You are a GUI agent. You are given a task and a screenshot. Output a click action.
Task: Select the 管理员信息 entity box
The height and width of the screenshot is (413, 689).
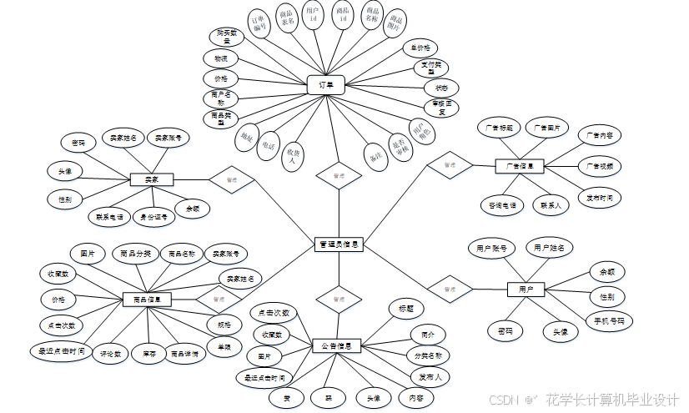(339, 244)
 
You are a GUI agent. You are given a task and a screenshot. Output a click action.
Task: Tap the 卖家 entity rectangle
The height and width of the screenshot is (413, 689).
(151, 179)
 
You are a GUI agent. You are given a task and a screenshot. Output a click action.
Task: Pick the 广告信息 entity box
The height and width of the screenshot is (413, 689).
(519, 166)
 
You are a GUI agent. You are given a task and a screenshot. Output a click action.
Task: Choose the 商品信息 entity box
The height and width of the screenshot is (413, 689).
(148, 299)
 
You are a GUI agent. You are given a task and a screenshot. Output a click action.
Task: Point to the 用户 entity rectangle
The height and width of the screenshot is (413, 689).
(526, 289)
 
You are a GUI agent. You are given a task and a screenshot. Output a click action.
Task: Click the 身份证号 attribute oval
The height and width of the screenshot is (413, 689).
(154, 217)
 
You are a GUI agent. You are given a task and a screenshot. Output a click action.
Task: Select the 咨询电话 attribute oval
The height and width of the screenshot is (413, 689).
(501, 204)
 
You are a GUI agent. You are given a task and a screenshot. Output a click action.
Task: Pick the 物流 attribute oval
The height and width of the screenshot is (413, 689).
(220, 59)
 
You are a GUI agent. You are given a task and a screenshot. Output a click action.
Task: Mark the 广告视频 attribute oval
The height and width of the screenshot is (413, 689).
(599, 167)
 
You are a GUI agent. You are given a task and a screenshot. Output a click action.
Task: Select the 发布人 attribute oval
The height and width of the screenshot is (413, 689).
(430, 377)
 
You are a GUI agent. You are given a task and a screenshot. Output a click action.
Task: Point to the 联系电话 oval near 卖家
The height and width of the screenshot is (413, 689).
(108, 217)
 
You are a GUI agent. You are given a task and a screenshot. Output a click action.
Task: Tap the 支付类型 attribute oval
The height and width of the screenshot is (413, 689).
(432, 68)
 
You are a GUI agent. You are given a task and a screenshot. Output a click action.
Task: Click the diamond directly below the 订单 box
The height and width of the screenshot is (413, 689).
(338, 176)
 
